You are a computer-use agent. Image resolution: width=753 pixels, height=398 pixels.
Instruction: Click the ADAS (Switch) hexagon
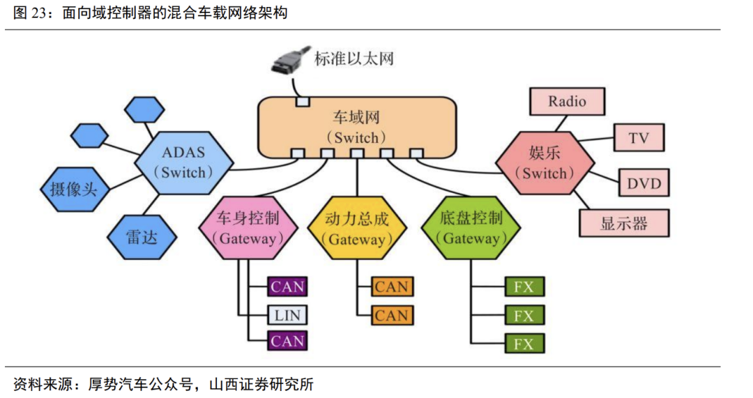pyautogui.click(x=183, y=162)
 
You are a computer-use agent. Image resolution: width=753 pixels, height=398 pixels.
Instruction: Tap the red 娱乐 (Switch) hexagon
pyautogui.click(x=545, y=163)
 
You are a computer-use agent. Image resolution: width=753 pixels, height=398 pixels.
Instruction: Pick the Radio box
pyautogui.click(x=567, y=101)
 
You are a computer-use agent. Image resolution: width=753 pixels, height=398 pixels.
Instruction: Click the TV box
pyautogui.click(x=638, y=137)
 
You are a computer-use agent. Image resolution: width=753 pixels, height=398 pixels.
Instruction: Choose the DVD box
pyautogui.click(x=643, y=183)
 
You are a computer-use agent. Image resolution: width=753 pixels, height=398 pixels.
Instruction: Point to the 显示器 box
pyautogui.click(x=623, y=223)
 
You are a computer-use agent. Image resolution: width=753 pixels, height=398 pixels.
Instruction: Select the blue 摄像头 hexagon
pyautogui.click(x=73, y=189)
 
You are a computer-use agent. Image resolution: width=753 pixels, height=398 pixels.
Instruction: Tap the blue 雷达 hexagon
pyautogui.click(x=142, y=237)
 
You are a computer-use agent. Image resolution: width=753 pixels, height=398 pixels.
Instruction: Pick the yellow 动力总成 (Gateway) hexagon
pyautogui.click(x=356, y=228)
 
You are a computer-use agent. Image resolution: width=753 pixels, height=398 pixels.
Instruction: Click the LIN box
pyautogui.click(x=287, y=315)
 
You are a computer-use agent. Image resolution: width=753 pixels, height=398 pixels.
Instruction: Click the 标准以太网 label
pyautogui.click(x=353, y=59)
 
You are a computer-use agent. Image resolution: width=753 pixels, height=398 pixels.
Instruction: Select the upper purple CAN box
pyautogui.click(x=287, y=286)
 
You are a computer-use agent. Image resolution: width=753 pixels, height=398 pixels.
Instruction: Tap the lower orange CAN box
pyautogui.click(x=391, y=315)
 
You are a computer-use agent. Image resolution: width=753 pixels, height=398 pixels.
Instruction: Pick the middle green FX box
pyautogui.click(x=523, y=315)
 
